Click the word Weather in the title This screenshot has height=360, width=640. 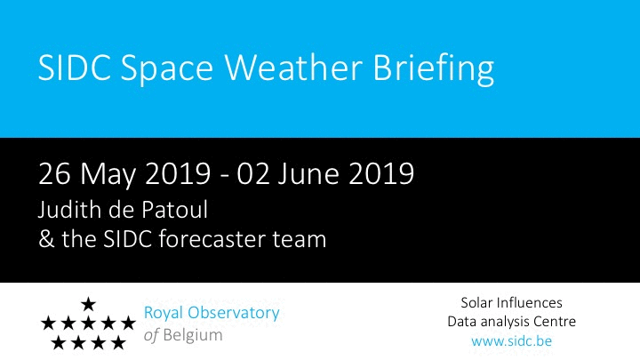(293, 68)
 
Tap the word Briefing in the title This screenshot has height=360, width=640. (434, 69)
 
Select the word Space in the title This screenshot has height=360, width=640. (166, 70)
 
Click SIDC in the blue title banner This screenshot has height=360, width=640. (75, 68)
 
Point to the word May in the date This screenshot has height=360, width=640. (108, 175)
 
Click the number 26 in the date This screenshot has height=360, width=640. (54, 174)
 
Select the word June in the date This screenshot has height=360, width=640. (308, 174)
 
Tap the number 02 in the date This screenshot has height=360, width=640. (253, 174)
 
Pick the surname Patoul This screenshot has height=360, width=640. (175, 210)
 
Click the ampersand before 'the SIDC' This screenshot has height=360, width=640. (46, 239)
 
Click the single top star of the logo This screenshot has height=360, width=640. (88, 304)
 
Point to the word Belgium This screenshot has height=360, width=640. (193, 335)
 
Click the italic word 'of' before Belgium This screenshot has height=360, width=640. (151, 335)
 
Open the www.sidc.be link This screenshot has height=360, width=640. (511, 340)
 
